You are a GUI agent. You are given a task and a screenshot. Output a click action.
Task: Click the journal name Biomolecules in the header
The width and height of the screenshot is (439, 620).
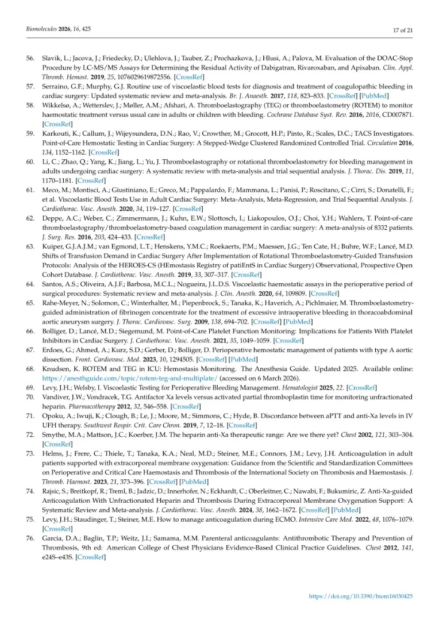point(41,28)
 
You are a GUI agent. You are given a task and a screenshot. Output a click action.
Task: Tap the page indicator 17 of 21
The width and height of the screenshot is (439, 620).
point(403,29)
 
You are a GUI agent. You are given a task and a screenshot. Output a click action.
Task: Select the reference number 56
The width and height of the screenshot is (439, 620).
point(31,59)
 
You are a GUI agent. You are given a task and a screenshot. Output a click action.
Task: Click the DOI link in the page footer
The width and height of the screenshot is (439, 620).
point(361,596)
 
